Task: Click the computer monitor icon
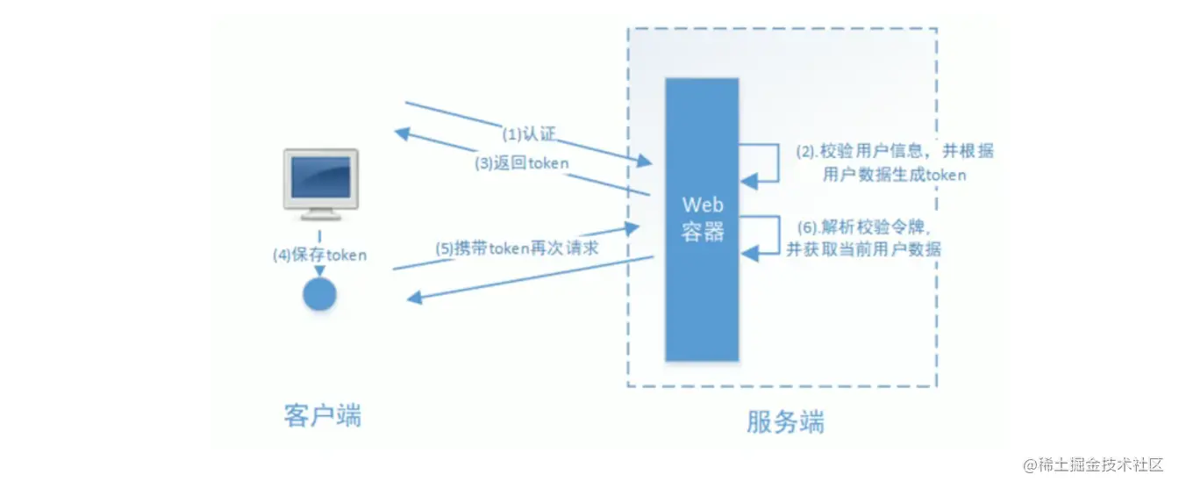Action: [x=320, y=183]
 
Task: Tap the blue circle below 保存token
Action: [x=319, y=294]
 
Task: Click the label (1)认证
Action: [x=528, y=133]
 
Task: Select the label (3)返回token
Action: [x=522, y=162]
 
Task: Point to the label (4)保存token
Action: [x=319, y=255]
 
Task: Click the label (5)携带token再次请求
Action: [x=517, y=248]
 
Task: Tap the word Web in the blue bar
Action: [x=703, y=205]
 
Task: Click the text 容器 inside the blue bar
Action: [x=703, y=231]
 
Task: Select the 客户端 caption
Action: [x=323, y=415]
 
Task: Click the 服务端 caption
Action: [x=785, y=421]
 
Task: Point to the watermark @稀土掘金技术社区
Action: [x=1093, y=464]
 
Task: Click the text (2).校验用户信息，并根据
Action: [x=895, y=151]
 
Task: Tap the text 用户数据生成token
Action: [x=894, y=175]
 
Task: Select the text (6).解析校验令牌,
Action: [x=864, y=227]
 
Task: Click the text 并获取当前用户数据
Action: [x=863, y=249]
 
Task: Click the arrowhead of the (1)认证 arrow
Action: [x=645, y=161]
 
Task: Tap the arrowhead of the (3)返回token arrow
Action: [x=403, y=133]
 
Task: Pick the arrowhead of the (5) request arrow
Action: [x=632, y=228]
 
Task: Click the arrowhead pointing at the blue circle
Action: [x=319, y=271]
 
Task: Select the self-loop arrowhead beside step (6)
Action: [x=749, y=254]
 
